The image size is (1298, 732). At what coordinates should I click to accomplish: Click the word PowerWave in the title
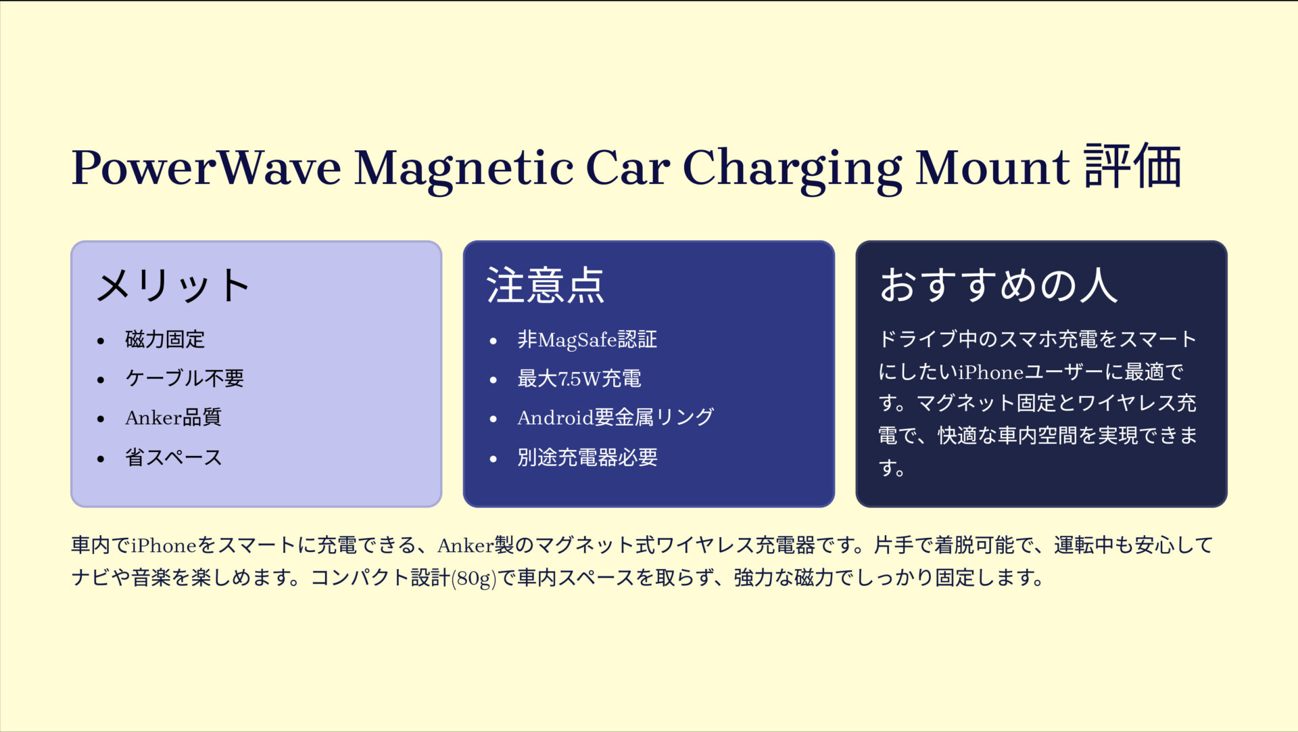tap(206, 167)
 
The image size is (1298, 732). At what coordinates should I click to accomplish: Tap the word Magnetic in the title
tap(464, 167)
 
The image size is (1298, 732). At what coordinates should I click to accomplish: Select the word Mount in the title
tap(992, 167)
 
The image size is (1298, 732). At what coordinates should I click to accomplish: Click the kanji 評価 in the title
tap(1133, 166)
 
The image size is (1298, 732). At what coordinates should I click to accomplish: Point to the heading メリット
tap(173, 285)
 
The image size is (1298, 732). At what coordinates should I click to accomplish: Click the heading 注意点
tap(545, 285)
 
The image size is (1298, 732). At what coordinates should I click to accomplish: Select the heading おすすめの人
tap(998, 285)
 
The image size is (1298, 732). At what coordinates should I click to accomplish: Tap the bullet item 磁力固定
tap(165, 340)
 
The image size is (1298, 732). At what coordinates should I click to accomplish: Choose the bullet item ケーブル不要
tap(184, 378)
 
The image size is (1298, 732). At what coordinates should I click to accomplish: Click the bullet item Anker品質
tap(173, 417)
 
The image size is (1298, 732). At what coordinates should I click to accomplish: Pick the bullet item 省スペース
tap(173, 457)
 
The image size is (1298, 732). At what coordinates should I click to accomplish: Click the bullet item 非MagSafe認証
tap(587, 340)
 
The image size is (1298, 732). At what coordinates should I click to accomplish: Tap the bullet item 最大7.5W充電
tap(579, 378)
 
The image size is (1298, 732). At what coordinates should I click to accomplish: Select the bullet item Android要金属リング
tap(615, 417)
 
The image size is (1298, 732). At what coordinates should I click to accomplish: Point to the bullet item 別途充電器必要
tap(587, 457)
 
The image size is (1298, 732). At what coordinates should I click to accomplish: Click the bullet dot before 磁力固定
tap(101, 341)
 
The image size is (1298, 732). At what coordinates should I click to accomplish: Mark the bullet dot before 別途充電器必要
tap(494, 459)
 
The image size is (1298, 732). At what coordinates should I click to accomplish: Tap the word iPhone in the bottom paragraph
tap(164, 545)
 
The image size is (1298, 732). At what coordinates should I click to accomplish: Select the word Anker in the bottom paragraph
tap(465, 545)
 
